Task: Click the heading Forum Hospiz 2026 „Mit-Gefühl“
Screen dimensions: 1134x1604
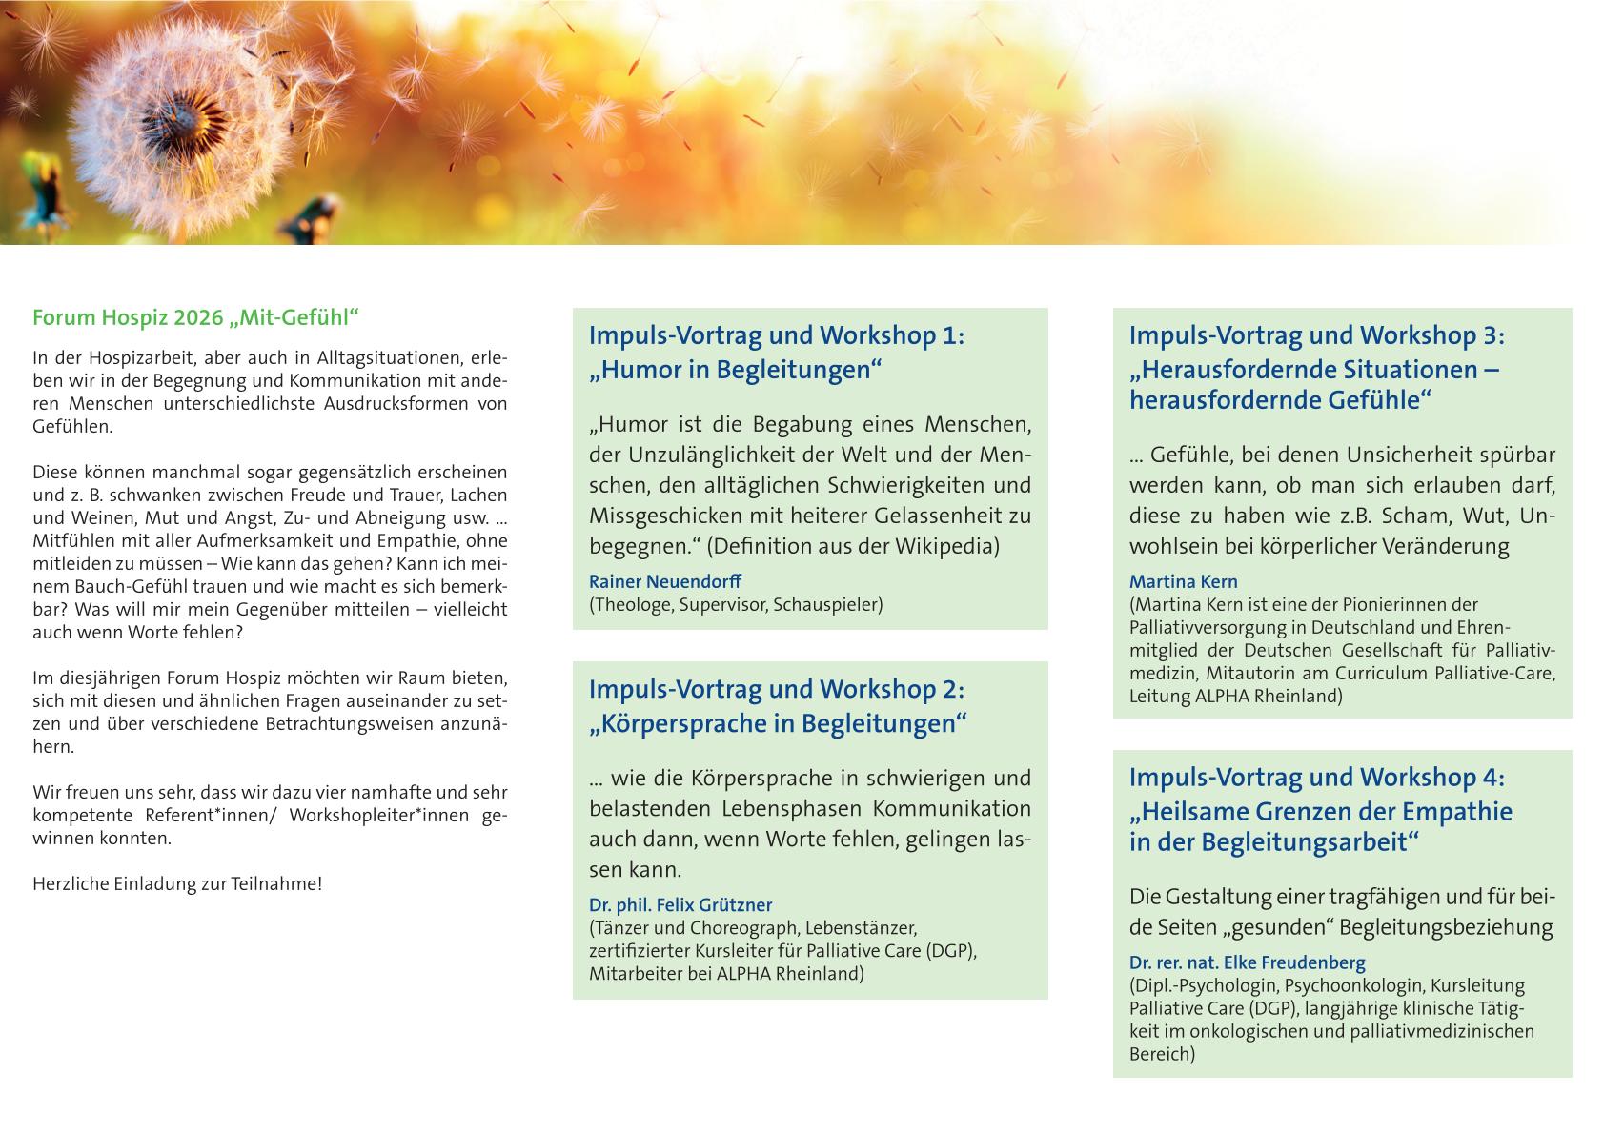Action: click(x=195, y=317)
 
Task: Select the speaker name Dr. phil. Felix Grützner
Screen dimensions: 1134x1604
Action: click(x=680, y=905)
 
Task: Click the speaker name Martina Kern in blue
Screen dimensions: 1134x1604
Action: click(x=1183, y=581)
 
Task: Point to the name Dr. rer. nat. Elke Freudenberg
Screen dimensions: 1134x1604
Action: click(x=1247, y=962)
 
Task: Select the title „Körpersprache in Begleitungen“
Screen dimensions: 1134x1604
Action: click(x=778, y=723)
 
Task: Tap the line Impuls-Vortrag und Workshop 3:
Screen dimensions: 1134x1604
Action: click(x=1316, y=335)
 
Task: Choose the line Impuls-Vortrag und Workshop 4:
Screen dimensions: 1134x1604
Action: click(x=1316, y=778)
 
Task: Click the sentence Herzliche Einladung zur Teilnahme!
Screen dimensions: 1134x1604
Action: click(x=177, y=883)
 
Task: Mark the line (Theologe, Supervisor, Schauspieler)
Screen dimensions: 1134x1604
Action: click(x=736, y=604)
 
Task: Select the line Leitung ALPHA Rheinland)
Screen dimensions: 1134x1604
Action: click(x=1235, y=696)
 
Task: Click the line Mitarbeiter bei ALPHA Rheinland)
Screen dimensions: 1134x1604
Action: click(x=726, y=974)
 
